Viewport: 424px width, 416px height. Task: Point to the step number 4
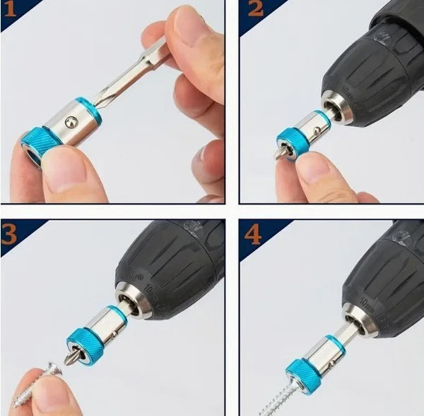coord(254,232)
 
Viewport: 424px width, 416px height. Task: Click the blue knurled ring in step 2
coord(292,140)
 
